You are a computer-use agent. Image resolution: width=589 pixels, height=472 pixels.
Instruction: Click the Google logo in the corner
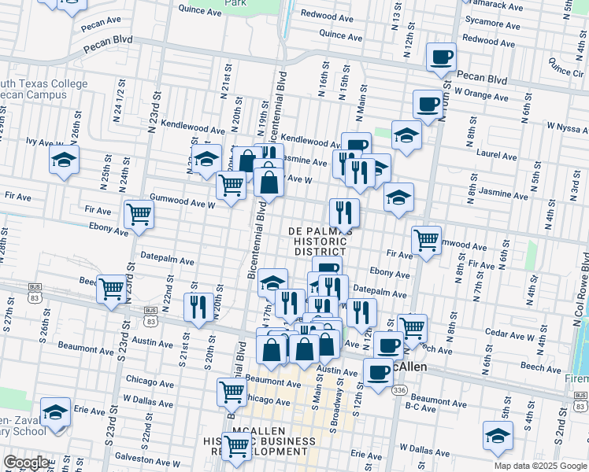(x=26, y=463)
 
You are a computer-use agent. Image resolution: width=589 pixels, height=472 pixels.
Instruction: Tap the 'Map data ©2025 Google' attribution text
(x=541, y=466)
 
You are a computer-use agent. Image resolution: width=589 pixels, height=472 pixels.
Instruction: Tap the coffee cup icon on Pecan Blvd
(x=441, y=57)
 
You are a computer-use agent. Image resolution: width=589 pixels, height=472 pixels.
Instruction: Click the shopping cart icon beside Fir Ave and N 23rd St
(x=139, y=213)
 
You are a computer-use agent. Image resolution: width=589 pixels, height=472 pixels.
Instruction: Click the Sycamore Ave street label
(x=493, y=24)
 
